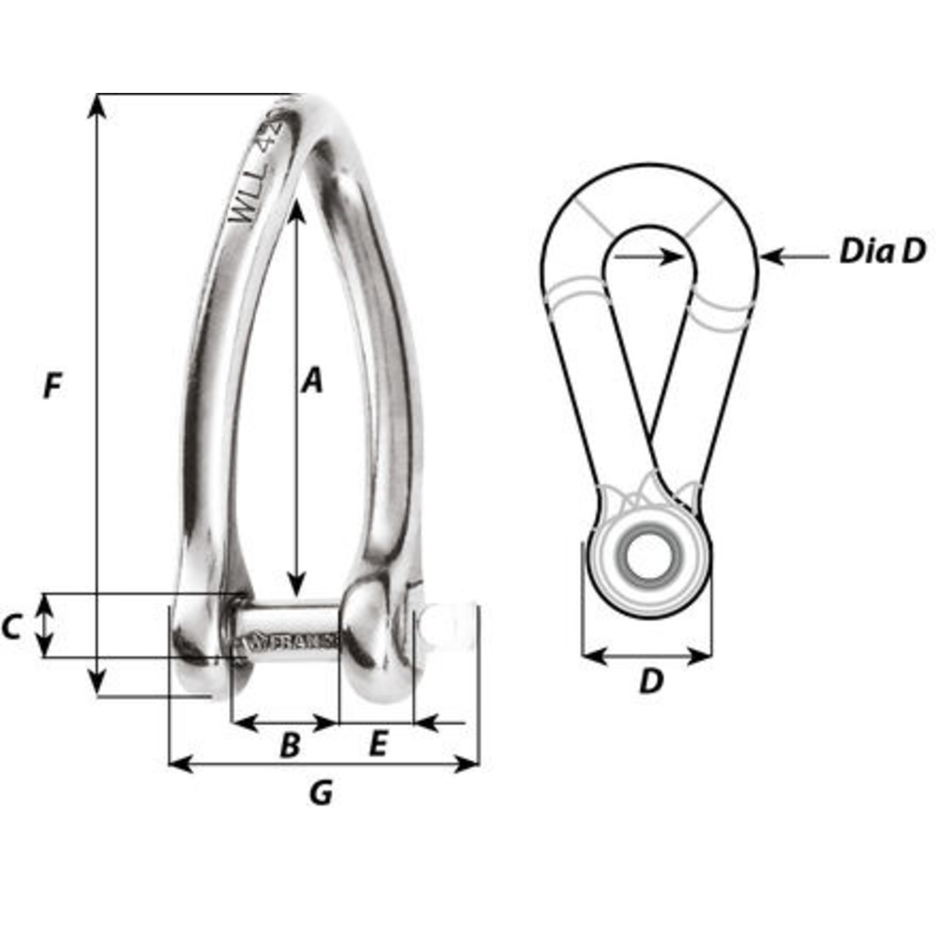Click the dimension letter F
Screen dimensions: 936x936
[x=52, y=386]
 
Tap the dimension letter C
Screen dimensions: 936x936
[x=12, y=627]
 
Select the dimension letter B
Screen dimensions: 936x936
[x=290, y=745]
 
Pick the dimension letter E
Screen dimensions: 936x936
[x=378, y=744]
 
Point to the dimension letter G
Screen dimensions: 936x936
[x=321, y=793]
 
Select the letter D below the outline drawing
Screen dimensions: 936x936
[x=651, y=682]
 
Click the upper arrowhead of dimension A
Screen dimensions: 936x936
[x=297, y=211]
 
